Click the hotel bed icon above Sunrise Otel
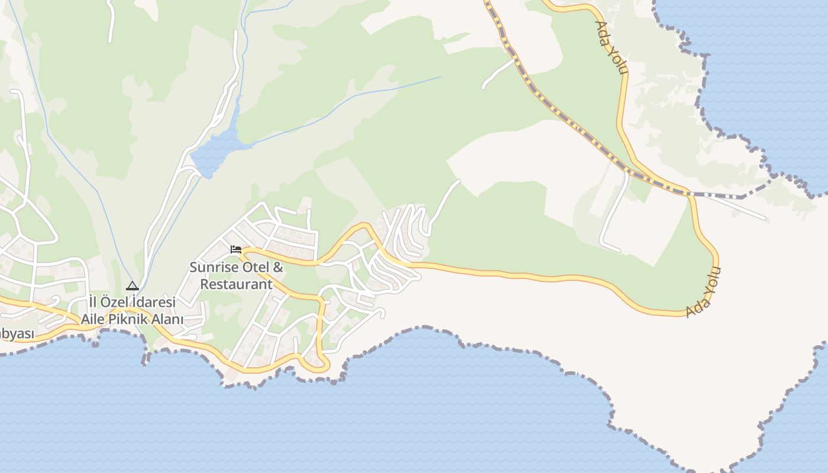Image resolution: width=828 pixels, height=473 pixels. click(x=236, y=250)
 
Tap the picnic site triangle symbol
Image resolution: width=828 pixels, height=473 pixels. click(x=132, y=286)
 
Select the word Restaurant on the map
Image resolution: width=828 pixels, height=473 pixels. click(x=236, y=284)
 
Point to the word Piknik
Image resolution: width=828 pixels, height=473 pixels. click(x=131, y=319)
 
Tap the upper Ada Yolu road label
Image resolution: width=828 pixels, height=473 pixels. click(x=611, y=47)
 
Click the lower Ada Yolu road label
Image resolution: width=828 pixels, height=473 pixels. click(x=704, y=292)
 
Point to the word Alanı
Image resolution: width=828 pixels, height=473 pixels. click(x=169, y=319)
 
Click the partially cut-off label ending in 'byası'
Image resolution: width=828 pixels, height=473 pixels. click(x=17, y=334)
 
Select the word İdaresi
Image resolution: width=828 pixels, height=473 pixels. click(x=154, y=302)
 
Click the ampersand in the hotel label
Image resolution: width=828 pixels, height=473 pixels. click(x=278, y=267)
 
